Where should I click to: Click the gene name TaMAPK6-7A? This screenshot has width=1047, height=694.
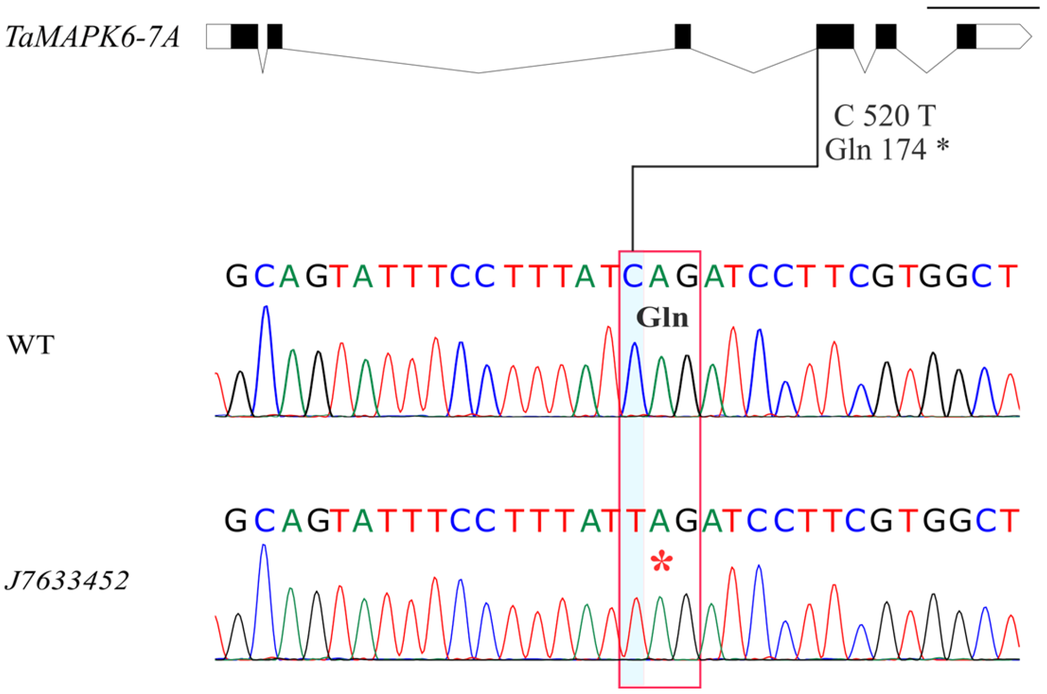[93, 37]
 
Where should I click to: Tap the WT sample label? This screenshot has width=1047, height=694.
[31, 345]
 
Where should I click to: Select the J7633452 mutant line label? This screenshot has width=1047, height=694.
[67, 580]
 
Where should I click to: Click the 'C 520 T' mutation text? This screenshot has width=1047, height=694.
[885, 116]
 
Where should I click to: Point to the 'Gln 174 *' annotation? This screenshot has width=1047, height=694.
[887, 149]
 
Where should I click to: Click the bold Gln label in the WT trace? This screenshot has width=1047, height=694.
[662, 318]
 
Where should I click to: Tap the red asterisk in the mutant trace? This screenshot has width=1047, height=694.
[661, 561]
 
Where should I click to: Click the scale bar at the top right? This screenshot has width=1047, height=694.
[983, 8]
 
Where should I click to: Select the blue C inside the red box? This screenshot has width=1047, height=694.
[633, 276]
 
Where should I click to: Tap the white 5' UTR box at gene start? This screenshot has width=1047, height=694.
[219, 37]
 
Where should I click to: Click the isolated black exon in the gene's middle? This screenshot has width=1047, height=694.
[682, 37]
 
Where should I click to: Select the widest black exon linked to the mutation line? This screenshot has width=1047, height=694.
[835, 37]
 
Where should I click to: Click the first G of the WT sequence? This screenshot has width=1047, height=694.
[236, 276]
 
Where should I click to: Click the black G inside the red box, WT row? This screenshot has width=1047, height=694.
[687, 276]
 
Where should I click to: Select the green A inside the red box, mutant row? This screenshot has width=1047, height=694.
[660, 521]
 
